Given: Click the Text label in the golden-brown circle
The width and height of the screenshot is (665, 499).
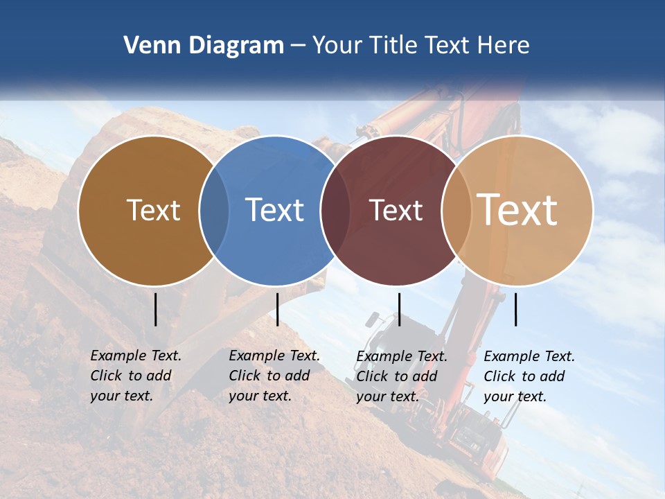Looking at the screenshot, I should pyautogui.click(x=153, y=210).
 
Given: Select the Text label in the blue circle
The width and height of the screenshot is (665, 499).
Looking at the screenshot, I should pyautogui.click(x=274, y=210).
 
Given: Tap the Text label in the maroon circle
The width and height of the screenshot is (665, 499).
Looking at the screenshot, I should pyautogui.click(x=396, y=210).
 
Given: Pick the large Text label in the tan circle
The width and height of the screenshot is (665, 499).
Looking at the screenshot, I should pyautogui.click(x=517, y=209).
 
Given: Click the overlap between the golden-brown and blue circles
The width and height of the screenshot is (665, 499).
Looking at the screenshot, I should pyautogui.click(x=214, y=210).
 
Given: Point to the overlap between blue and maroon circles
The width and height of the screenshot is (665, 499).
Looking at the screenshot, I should pyautogui.click(x=335, y=210).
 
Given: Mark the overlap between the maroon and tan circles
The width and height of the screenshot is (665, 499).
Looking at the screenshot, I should pyautogui.click(x=456, y=210).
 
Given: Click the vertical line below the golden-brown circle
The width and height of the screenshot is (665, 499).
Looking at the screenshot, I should pyautogui.click(x=155, y=309).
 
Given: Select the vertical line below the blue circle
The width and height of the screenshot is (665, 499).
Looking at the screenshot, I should pyautogui.click(x=277, y=309).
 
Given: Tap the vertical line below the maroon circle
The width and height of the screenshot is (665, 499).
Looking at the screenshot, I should pyautogui.click(x=399, y=309).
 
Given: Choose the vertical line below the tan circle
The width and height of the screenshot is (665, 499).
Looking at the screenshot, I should pyautogui.click(x=515, y=309).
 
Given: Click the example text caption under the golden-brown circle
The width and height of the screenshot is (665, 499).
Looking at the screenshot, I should pyautogui.click(x=136, y=376).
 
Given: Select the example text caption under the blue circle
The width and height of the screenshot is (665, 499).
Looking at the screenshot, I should pyautogui.click(x=274, y=376).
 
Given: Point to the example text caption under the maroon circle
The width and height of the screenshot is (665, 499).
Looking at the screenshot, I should pyautogui.click(x=402, y=376).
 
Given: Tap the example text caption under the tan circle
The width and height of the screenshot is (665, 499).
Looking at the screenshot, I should pyautogui.click(x=529, y=376).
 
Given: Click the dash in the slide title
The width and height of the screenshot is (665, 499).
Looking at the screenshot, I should pyautogui.click(x=298, y=46).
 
